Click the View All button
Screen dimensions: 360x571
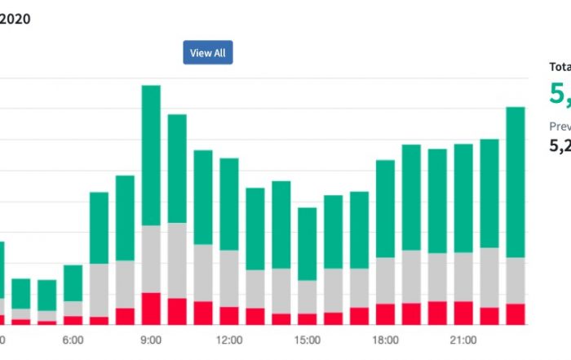pyautogui.click(x=208, y=53)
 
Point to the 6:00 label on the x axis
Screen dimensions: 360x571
pyautogui.click(x=73, y=340)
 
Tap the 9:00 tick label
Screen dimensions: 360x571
pyautogui.click(x=151, y=340)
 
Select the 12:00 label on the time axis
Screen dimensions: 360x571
pyautogui.click(x=229, y=340)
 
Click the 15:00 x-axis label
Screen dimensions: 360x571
pyautogui.click(x=308, y=340)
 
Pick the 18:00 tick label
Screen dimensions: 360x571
pyautogui.click(x=386, y=340)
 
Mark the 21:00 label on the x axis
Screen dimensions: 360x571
pyautogui.click(x=463, y=340)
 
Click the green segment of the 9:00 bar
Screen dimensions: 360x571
pyautogui.click(x=151, y=155)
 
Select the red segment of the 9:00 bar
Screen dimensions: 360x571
pyautogui.click(x=151, y=309)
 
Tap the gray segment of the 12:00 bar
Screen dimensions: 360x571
pyautogui.click(x=229, y=278)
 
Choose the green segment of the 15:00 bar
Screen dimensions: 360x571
pyautogui.click(x=308, y=244)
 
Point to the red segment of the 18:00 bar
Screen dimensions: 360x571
pyautogui.click(x=386, y=314)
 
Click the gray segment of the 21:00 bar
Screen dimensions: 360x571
pyautogui.click(x=463, y=277)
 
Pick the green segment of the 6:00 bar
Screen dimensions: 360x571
pyautogui.click(x=73, y=282)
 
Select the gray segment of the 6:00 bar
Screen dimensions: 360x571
pyautogui.click(x=73, y=308)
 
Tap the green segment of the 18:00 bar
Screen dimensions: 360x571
pyautogui.click(x=386, y=209)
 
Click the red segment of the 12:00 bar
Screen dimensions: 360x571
pyautogui.click(x=229, y=316)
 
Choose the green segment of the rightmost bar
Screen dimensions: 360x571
pyautogui.click(x=516, y=182)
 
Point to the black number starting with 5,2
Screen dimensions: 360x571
pyautogui.click(x=560, y=146)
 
